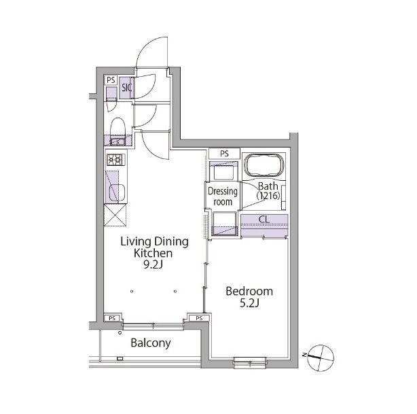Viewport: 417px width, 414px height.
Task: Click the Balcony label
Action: pyautogui.click(x=151, y=343)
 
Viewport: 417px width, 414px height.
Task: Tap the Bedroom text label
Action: pyautogui.click(x=249, y=291)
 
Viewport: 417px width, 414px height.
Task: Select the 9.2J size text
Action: pyautogui.click(x=153, y=264)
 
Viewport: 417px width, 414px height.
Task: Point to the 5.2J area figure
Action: pyautogui.click(x=249, y=303)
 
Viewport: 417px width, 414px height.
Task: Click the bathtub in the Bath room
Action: pyautogui.click(x=264, y=165)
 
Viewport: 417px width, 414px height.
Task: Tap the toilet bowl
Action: pyautogui.click(x=117, y=128)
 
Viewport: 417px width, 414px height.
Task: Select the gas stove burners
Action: pyautogui.click(x=116, y=160)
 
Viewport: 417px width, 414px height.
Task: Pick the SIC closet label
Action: pyautogui.click(x=126, y=88)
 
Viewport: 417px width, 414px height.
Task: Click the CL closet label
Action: pyautogui.click(x=264, y=220)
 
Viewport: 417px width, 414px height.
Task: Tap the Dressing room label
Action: pyautogui.click(x=223, y=196)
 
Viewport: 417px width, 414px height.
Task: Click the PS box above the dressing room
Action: pyautogui.click(x=224, y=154)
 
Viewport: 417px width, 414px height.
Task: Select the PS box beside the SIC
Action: pyautogui.click(x=111, y=80)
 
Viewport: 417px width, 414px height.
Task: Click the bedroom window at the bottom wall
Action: pyautogui.click(x=250, y=362)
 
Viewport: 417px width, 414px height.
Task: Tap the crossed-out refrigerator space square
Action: pyautogui.click(x=115, y=215)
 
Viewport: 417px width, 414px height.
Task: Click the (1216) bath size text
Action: pyautogui.click(x=268, y=196)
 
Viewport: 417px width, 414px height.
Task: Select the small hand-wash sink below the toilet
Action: pyautogui.click(x=117, y=141)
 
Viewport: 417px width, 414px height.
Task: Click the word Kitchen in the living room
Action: pyautogui.click(x=153, y=253)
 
